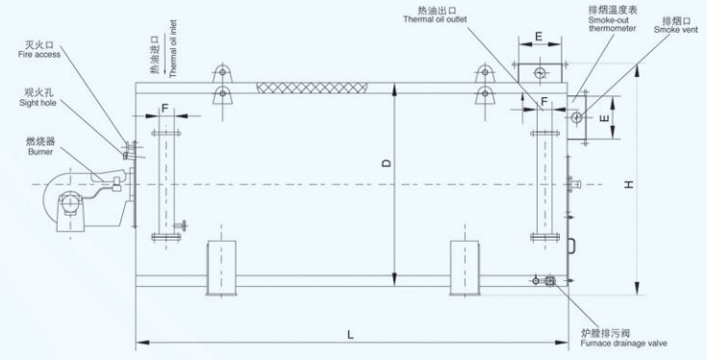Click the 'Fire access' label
coord(39,55)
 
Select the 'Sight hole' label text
coord(38,103)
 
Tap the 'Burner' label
coord(40,152)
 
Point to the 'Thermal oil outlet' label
coord(435,19)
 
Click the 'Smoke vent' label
coord(676,30)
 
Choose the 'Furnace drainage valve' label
coord(623,344)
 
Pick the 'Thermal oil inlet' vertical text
coord(174,49)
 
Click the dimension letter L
coord(351,335)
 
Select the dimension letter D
coord(387,163)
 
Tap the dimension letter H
coord(629,184)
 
